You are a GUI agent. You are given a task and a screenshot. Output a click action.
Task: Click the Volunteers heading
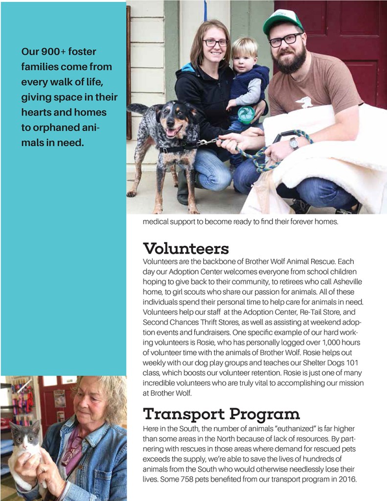pos(186,248)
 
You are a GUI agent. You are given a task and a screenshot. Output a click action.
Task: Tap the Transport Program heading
pos(221,414)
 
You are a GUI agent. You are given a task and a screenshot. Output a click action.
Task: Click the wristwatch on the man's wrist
pos(294,143)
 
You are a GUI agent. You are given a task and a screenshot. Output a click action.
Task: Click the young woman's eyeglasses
pos(215,43)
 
